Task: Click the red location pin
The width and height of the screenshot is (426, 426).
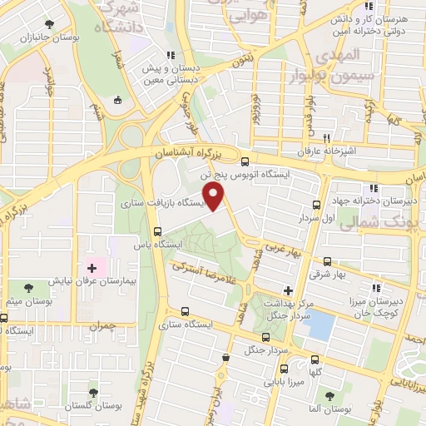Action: (x=215, y=197)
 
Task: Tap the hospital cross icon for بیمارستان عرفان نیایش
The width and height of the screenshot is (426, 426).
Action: (x=92, y=269)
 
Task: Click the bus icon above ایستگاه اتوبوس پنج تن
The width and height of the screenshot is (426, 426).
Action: (x=245, y=162)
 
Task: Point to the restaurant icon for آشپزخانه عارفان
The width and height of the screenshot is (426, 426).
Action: (x=327, y=139)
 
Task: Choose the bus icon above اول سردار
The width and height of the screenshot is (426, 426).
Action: (x=315, y=205)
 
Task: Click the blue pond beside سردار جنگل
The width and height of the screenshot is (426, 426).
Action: (x=317, y=324)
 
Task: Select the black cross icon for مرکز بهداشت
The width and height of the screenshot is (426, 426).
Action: (x=288, y=290)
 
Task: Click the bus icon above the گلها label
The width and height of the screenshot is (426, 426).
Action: (x=314, y=359)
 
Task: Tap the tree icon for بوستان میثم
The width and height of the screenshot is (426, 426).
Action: (x=29, y=287)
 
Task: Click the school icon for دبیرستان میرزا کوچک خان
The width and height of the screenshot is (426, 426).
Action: (x=377, y=288)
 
